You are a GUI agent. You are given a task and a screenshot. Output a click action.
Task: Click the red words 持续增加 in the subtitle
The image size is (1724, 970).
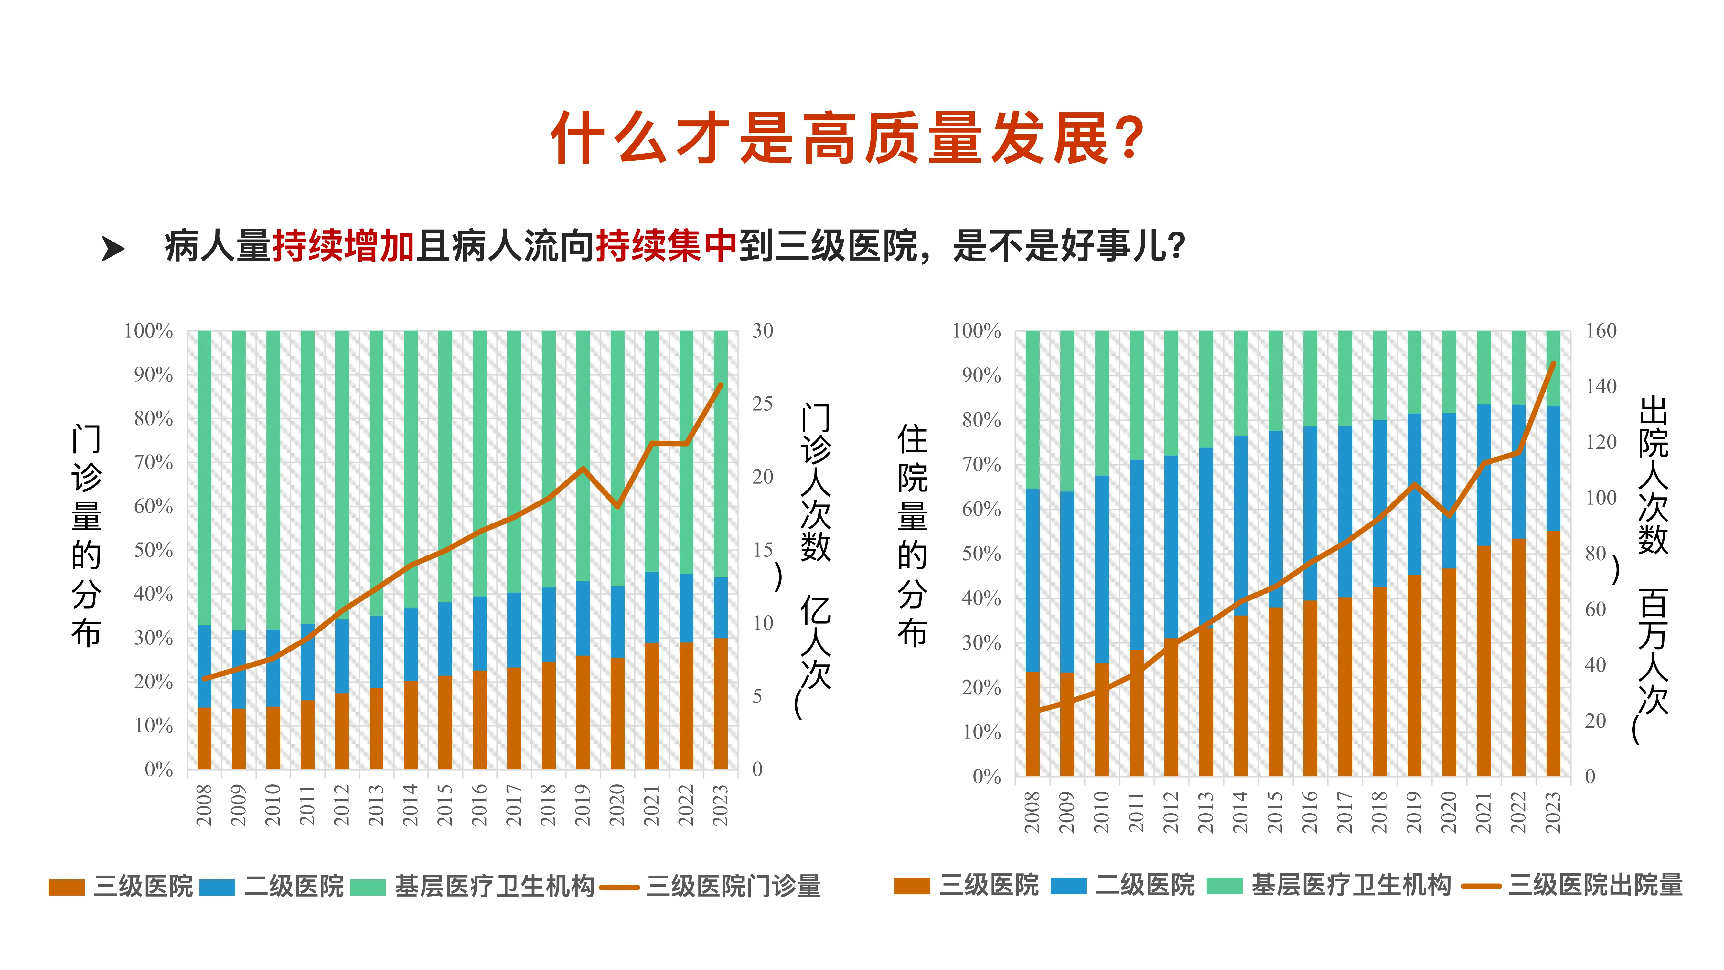(343, 246)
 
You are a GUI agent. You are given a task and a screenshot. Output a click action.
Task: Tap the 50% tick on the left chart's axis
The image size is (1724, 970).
(153, 550)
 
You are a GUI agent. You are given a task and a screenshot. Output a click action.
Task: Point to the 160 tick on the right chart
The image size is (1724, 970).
(1601, 331)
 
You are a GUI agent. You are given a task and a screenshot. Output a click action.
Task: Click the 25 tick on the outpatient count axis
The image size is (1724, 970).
(762, 404)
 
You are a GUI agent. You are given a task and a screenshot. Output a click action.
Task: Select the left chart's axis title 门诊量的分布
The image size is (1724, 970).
(86, 535)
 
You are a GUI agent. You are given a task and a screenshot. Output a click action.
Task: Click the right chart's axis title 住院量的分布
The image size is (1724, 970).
(912, 535)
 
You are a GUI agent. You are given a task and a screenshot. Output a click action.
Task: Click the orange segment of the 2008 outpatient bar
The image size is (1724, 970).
(204, 738)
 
